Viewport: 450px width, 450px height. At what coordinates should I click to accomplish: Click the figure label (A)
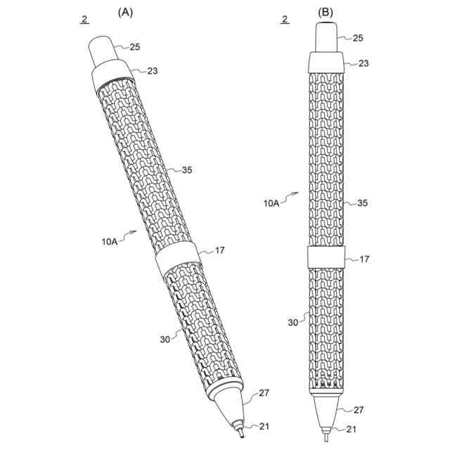pyautogui.click(x=127, y=12)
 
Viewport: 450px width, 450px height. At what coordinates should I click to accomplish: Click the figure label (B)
pyautogui.click(x=326, y=12)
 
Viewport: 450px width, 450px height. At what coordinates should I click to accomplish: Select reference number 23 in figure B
pyautogui.click(x=364, y=63)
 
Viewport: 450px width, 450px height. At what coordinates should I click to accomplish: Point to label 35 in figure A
pyautogui.click(x=186, y=169)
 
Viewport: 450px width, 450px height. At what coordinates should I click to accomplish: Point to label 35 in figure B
pyautogui.click(x=364, y=203)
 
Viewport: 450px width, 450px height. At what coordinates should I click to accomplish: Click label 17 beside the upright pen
pyautogui.click(x=364, y=259)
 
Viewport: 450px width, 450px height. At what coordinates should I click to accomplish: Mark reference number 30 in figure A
pyautogui.click(x=165, y=338)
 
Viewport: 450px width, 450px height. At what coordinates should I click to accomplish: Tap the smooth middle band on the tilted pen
pyautogui.click(x=178, y=260)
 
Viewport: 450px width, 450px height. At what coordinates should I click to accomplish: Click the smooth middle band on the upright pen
pyautogui.click(x=326, y=257)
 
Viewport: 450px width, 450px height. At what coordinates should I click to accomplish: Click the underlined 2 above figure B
pyautogui.click(x=285, y=20)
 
